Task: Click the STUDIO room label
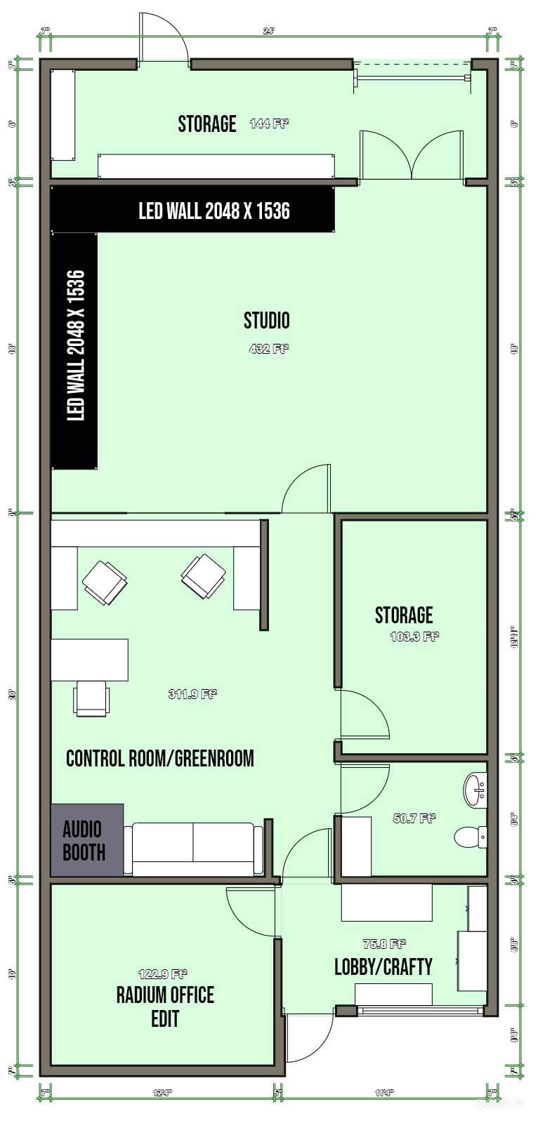click(266, 321)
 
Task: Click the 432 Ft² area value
click(269, 348)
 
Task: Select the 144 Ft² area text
click(269, 124)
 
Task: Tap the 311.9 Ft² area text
click(192, 694)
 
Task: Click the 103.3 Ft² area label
click(414, 637)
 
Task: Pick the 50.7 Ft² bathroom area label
click(414, 818)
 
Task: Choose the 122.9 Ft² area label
click(162, 974)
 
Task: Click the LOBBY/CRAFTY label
click(383, 967)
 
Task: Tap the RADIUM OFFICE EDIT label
click(165, 1006)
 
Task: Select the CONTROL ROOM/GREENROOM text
click(159, 759)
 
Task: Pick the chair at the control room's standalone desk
click(91, 698)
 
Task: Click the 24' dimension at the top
click(269, 31)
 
